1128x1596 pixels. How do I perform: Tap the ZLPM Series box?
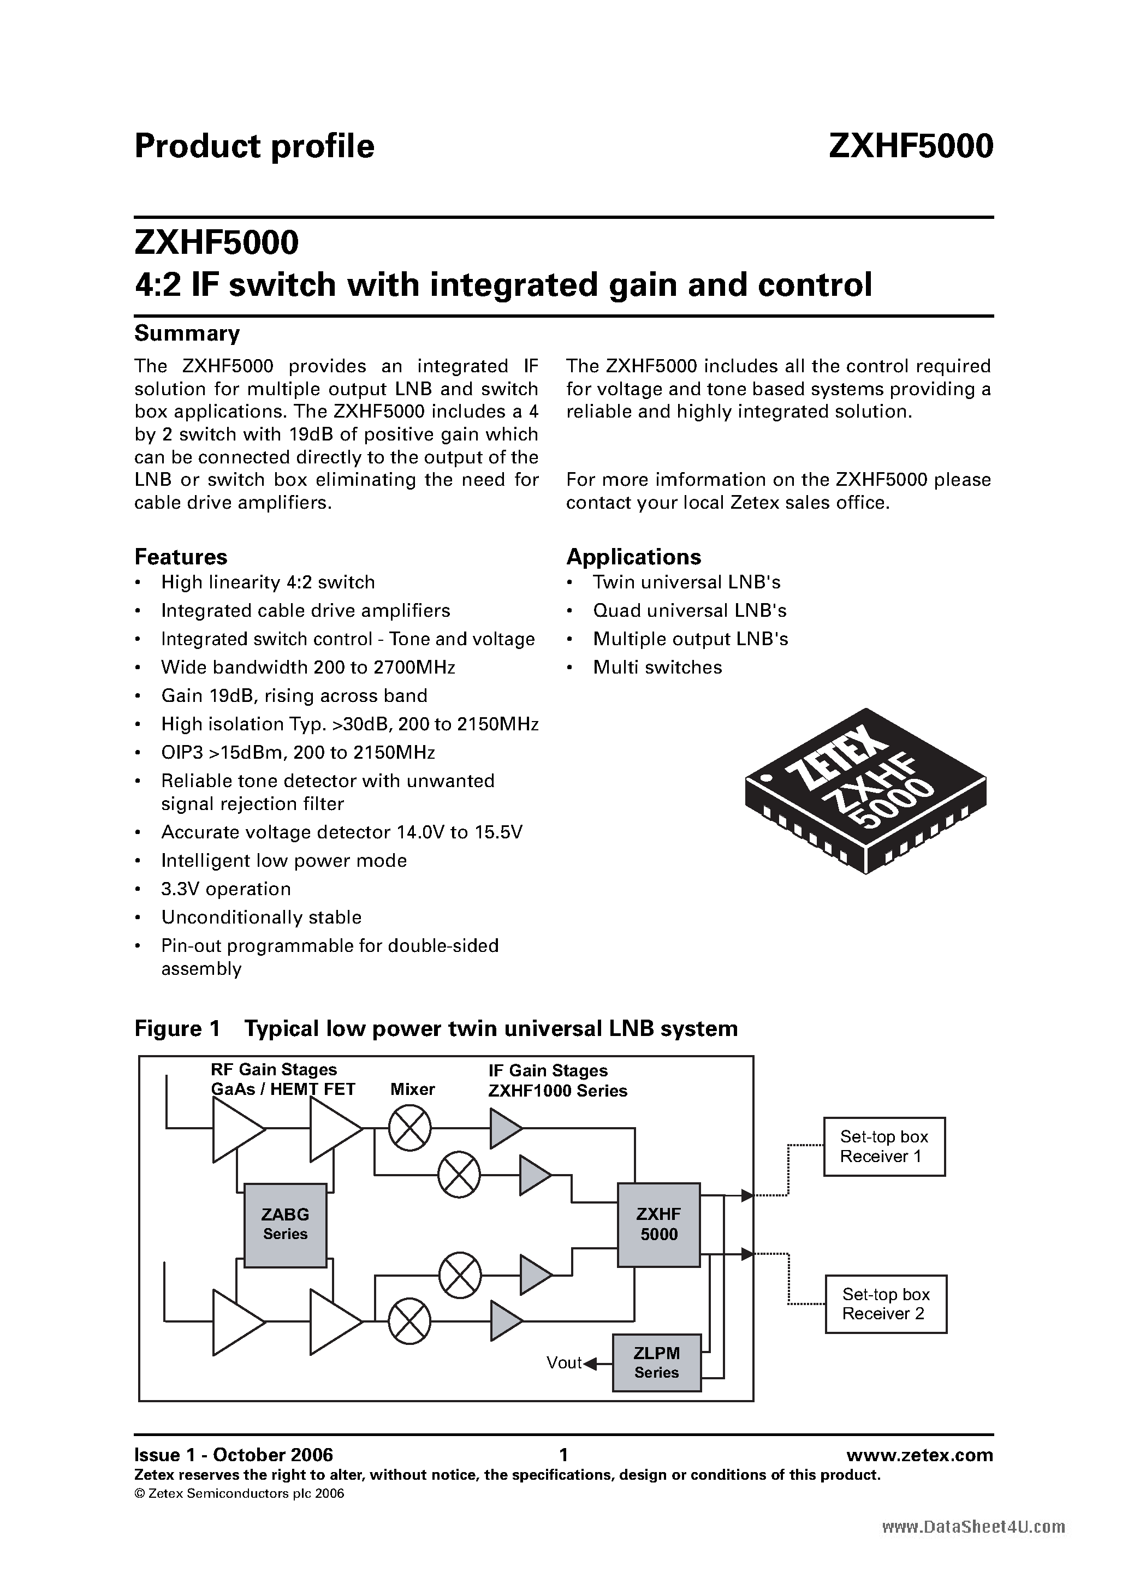coord(656,1362)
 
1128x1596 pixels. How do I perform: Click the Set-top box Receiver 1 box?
coord(884,1146)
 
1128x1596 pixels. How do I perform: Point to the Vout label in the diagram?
coord(563,1363)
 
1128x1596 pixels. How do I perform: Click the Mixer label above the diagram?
coord(412,1089)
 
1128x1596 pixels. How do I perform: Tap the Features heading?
coord(181,557)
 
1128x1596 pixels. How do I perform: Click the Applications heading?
coord(633,557)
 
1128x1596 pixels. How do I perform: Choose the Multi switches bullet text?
coord(657,668)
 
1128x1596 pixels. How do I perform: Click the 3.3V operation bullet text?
coord(226,889)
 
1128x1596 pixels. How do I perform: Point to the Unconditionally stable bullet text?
coord(262,918)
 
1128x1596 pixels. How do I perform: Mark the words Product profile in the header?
coord(254,147)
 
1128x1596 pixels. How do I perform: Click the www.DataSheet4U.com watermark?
coord(973,1527)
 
